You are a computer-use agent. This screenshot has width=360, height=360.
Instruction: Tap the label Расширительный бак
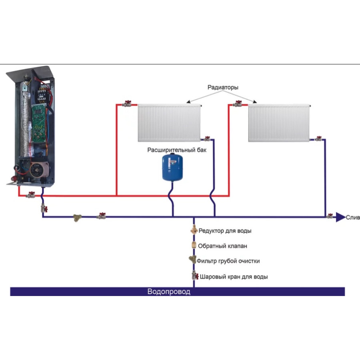tap(174, 150)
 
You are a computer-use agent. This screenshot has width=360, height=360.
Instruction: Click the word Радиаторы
tap(223, 87)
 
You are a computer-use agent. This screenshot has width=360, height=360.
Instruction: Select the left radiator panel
tap(169, 123)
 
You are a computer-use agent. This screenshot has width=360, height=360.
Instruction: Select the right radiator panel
tap(279, 123)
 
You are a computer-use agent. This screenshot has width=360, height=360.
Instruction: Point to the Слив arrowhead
tap(340, 217)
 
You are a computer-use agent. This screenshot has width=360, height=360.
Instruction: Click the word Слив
tap(353, 218)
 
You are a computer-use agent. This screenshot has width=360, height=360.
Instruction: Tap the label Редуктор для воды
tap(225, 231)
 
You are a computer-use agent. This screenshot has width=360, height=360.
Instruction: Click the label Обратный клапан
tap(220, 246)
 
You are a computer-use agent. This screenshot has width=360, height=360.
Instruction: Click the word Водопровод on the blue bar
tap(169, 292)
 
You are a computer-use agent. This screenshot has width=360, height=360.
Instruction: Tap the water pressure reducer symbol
tap(194, 230)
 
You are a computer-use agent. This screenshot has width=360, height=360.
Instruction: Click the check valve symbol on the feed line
tap(194, 246)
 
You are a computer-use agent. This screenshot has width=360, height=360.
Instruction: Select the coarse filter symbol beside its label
tap(193, 260)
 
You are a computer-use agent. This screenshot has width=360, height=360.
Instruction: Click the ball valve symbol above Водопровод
tap(194, 276)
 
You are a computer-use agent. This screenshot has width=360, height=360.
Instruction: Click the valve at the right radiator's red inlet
tap(238, 104)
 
